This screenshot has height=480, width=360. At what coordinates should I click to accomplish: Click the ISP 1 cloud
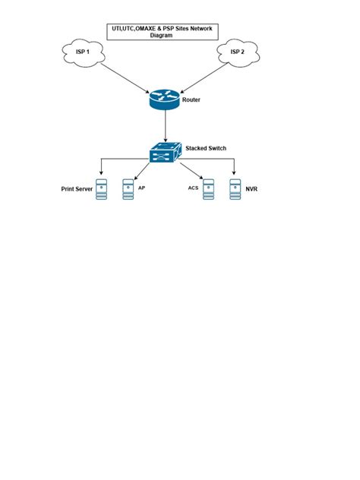pyautogui.click(x=81, y=53)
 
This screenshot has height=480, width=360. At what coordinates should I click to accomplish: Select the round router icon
pyautogui.click(x=163, y=99)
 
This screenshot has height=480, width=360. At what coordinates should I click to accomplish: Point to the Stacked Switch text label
pyautogui.click(x=205, y=149)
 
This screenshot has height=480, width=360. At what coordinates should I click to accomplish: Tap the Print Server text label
pyautogui.click(x=76, y=188)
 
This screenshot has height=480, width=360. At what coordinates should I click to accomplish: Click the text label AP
pyautogui.click(x=141, y=186)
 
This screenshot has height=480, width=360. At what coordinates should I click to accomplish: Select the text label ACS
pyautogui.click(x=193, y=186)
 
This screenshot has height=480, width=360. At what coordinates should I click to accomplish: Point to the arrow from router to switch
pyautogui.click(x=163, y=125)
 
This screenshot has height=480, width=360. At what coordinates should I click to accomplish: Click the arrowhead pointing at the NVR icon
pyautogui.click(x=234, y=173)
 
